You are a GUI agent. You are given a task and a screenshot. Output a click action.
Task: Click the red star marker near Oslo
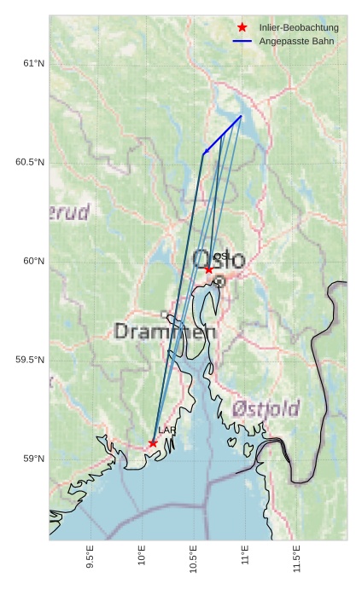coord(208,269)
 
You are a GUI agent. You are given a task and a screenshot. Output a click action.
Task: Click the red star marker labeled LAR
coord(153,443)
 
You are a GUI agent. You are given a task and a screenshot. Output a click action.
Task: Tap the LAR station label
coord(166,430)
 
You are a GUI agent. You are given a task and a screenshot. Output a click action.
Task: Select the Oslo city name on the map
coord(219,259)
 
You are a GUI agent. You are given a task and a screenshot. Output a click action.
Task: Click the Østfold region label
coord(265,410)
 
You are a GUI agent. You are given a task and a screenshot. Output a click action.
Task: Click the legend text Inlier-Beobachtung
coord(299,28)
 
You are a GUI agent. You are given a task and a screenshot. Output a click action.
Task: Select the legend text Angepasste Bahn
coord(296,41)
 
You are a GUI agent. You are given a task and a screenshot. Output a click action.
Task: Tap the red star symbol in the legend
coord(242,28)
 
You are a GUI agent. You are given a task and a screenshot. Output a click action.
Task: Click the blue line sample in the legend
coord(242,41)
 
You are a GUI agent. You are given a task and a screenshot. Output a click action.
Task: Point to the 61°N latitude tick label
coord(33,64)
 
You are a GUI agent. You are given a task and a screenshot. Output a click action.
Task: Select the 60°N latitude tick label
coord(33,262)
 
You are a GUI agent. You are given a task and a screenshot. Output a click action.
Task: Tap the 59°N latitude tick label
coord(33,459)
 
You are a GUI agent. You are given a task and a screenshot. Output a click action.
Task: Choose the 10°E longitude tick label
coord(142,557)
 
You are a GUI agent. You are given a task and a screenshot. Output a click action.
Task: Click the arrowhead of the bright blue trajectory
coord(204,153)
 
